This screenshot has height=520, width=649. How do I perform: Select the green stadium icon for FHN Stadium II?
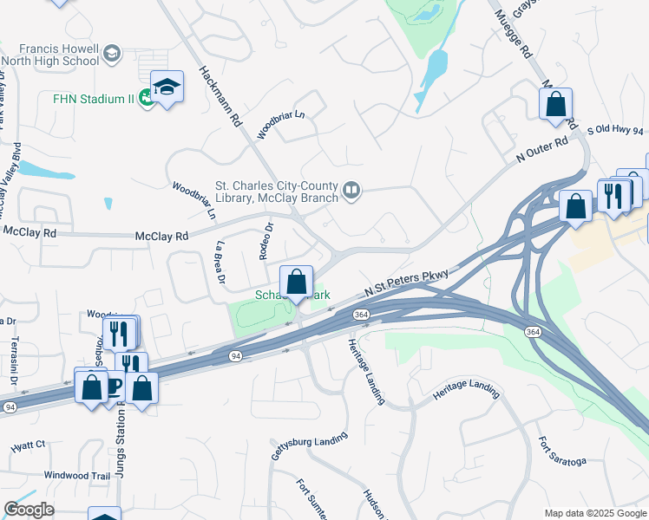tap(147, 99)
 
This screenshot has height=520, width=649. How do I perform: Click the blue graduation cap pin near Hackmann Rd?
tap(167, 87)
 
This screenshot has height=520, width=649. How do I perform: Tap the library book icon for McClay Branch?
tap(351, 189)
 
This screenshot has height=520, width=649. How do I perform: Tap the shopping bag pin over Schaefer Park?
tap(296, 282)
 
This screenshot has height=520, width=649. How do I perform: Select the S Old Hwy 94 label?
tap(617, 130)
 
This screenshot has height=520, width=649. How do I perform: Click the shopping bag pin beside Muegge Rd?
tap(555, 104)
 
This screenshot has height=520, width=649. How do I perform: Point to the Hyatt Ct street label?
tap(28, 445)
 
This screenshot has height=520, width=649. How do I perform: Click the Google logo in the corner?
tap(29, 509)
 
